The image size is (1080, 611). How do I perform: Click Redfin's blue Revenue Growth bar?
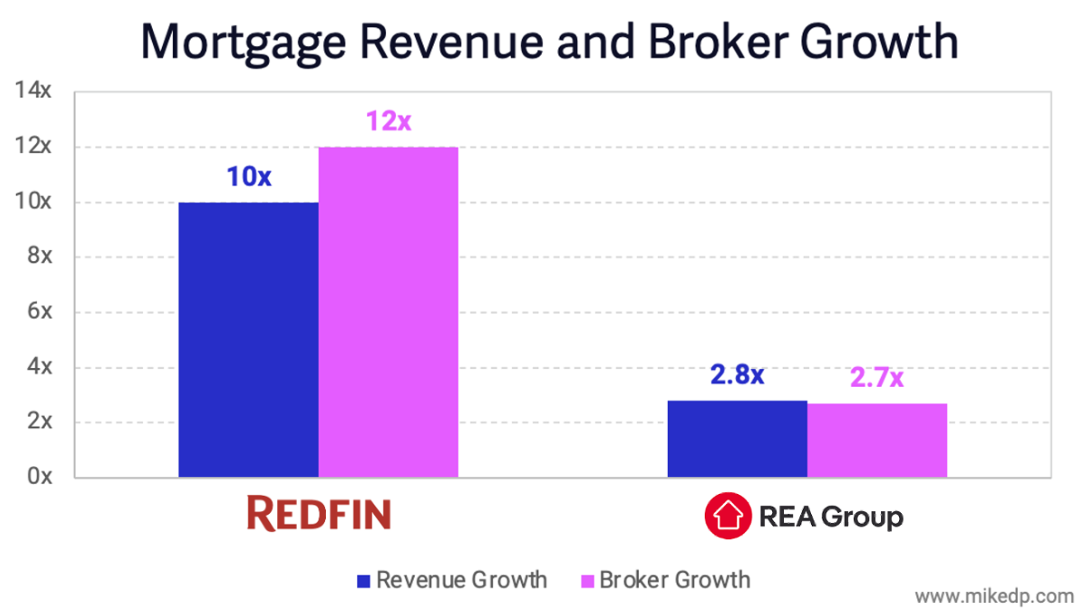(x=248, y=340)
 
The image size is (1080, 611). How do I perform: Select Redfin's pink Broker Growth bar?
(x=388, y=312)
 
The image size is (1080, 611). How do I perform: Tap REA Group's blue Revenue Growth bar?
(x=737, y=439)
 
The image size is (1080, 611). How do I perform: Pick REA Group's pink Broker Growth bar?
(x=877, y=440)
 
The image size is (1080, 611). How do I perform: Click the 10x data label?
(x=248, y=177)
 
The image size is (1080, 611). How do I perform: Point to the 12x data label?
(x=388, y=121)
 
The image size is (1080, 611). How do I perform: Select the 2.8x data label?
(x=737, y=375)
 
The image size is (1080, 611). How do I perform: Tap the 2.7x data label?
(x=877, y=378)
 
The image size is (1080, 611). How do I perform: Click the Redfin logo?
(x=319, y=515)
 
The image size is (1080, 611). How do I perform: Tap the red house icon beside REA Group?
(x=727, y=517)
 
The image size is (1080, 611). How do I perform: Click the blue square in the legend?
(x=364, y=580)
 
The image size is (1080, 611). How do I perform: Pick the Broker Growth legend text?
(x=674, y=580)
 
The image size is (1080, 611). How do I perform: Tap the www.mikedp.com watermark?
(x=994, y=596)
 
